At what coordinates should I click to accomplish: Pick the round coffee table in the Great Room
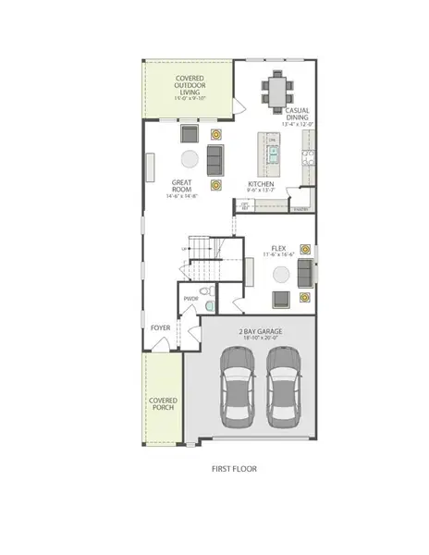click(x=189, y=157)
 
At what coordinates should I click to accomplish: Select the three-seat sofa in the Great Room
click(x=215, y=159)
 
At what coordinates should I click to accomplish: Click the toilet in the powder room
click(x=211, y=302)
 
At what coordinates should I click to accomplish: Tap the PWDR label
click(x=191, y=299)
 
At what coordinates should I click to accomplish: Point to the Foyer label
click(x=160, y=327)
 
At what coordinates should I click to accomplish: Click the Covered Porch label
click(x=163, y=404)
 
